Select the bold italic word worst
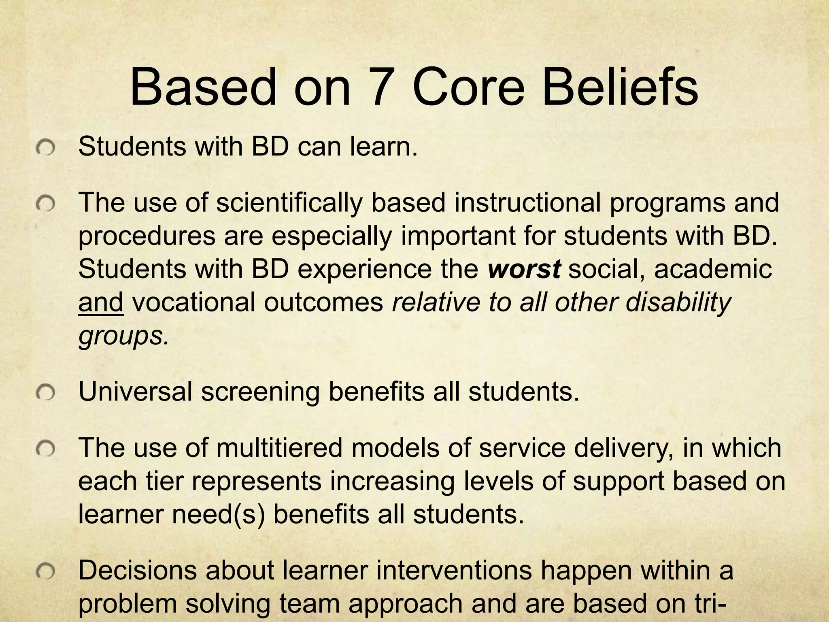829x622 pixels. click(524, 269)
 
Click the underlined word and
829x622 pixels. click(100, 302)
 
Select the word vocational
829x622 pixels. click(192, 302)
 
